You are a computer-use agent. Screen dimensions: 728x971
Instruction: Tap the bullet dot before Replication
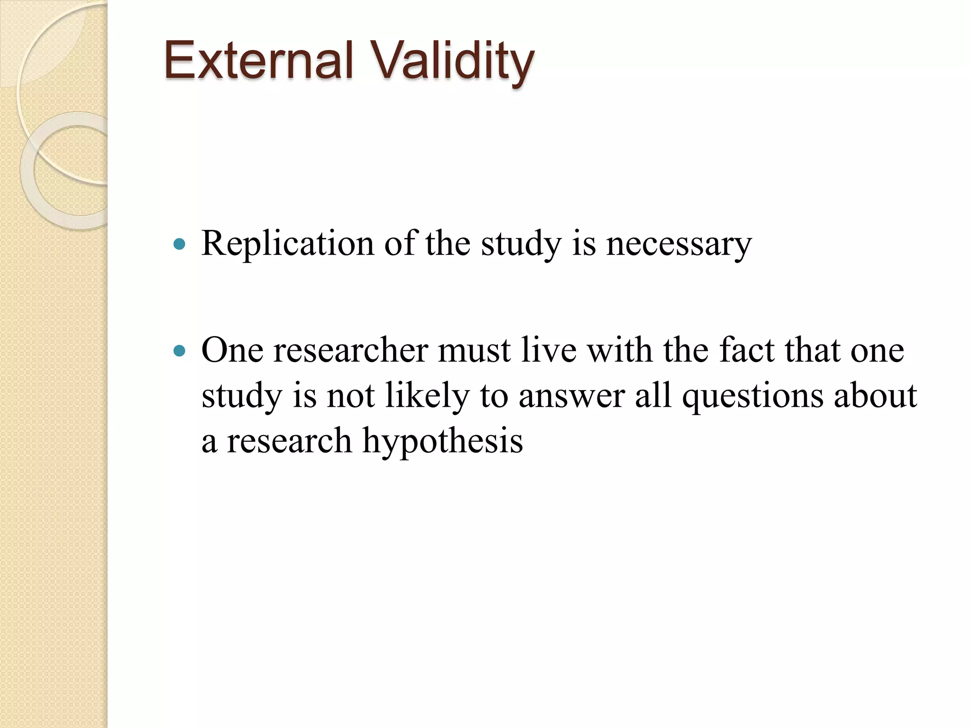(179, 245)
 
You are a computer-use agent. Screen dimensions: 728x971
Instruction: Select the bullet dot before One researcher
(179, 351)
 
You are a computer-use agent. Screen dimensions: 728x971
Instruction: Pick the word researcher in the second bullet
(350, 351)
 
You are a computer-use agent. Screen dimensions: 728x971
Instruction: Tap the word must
(474, 351)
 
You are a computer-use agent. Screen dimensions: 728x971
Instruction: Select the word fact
(746, 351)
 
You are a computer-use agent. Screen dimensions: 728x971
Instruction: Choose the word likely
(427, 396)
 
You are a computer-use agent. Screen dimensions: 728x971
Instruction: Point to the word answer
(571, 396)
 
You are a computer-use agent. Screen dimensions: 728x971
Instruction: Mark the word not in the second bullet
(350, 396)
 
